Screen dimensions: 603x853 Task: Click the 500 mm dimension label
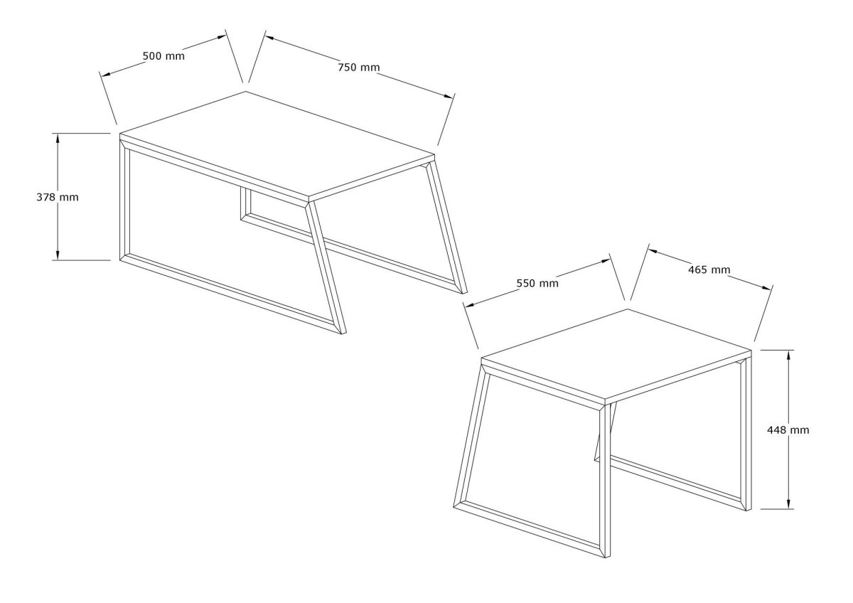click(163, 56)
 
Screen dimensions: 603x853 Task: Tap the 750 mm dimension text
click(358, 68)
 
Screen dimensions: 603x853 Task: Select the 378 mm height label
click(57, 197)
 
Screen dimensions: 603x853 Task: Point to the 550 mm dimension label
click(537, 283)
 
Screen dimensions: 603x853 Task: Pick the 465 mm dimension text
click(709, 270)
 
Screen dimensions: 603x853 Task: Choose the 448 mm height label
click(788, 429)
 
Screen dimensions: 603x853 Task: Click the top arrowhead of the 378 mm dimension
click(58, 137)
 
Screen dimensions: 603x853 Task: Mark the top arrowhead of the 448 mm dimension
click(789, 353)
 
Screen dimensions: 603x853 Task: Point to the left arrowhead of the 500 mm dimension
click(104, 74)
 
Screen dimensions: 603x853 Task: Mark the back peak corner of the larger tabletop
click(246, 91)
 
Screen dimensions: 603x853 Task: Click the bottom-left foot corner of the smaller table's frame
click(454, 507)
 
